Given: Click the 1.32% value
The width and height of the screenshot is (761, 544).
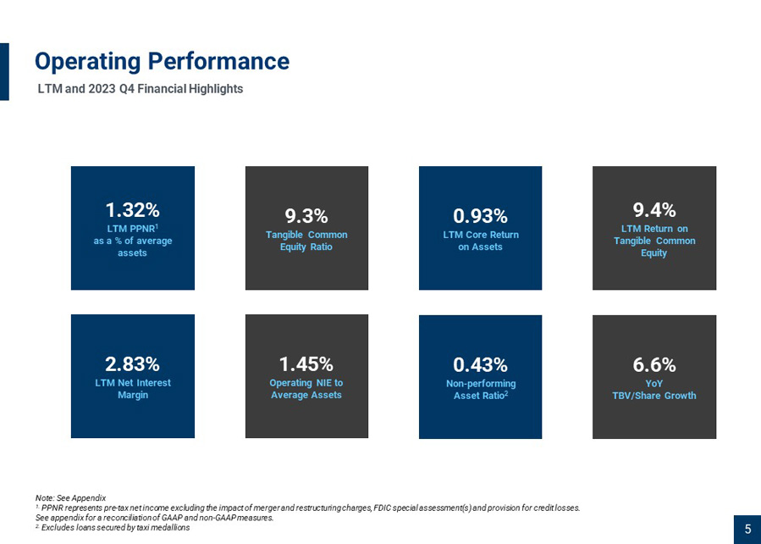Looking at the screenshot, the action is (133, 210).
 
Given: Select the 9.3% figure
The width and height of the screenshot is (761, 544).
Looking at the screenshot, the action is (306, 216).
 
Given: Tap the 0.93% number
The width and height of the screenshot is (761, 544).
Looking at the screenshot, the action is (480, 216).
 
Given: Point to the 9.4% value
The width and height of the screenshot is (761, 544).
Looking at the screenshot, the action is (654, 210).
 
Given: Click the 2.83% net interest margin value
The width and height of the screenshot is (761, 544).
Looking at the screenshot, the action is (133, 364).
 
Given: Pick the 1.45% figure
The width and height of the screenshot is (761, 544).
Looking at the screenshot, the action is (306, 364).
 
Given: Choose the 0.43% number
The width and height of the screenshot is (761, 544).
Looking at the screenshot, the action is (480, 364).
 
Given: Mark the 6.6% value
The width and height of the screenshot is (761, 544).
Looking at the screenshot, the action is (654, 364).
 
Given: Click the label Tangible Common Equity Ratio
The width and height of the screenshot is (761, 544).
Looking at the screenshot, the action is (306, 241).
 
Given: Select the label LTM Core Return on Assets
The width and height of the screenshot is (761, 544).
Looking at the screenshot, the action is (481, 241).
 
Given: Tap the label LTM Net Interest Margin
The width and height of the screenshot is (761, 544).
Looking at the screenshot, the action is (133, 389).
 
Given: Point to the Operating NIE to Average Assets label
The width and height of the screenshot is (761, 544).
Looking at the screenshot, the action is (306, 389).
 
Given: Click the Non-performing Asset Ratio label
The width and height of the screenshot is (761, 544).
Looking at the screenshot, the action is (481, 390).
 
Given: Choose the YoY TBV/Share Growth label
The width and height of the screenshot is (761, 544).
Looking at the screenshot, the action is (654, 390).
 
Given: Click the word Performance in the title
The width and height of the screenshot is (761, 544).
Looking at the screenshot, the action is (218, 61).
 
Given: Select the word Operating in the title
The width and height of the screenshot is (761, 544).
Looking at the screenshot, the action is (88, 62).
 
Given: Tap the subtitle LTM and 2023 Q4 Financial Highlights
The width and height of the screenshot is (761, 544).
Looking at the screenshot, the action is (141, 89).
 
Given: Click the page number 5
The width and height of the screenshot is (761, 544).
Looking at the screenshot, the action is (748, 529).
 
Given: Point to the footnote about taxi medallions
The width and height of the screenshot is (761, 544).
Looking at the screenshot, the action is (113, 528).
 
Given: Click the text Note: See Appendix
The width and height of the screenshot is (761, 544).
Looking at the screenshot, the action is (70, 498).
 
